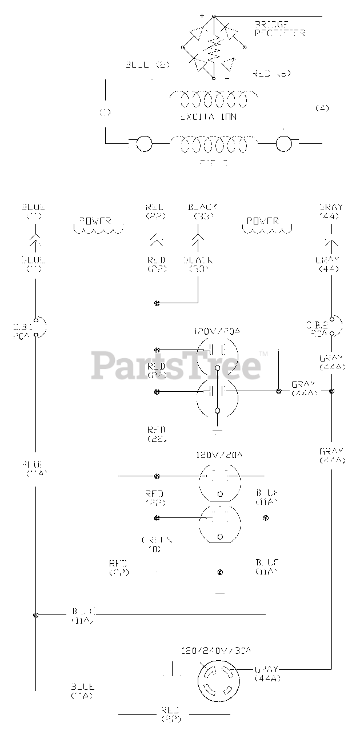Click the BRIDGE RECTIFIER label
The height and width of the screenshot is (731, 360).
[280, 28]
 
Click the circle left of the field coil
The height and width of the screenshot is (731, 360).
[144, 144]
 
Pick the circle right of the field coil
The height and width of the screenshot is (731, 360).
[284, 144]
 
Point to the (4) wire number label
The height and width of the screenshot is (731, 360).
[322, 107]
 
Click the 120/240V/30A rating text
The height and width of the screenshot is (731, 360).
[216, 650]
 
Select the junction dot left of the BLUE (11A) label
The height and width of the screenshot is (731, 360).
[36, 614]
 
